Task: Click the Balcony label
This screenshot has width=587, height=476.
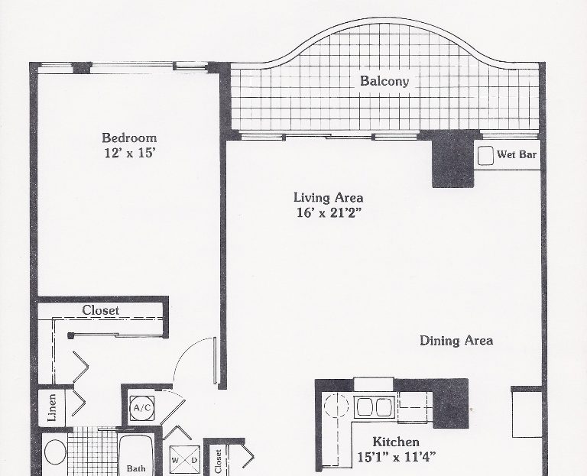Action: [384, 81]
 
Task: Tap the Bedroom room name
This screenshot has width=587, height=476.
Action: [129, 138]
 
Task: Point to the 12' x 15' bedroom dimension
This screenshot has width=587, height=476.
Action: [129, 153]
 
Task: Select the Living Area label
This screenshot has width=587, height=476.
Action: [328, 197]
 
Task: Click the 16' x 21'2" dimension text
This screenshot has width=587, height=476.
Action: [329, 212]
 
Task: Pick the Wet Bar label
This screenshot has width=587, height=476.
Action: [517, 154]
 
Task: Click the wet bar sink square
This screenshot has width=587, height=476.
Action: [485, 155]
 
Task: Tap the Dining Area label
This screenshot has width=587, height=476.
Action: [456, 341]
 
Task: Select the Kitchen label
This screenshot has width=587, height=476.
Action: [396, 442]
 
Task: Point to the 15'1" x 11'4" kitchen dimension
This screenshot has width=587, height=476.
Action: [397, 457]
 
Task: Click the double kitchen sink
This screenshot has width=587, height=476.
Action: [374, 406]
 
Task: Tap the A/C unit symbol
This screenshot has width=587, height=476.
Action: [142, 408]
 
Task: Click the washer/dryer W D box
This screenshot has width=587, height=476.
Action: [184, 460]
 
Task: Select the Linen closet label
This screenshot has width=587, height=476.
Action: [52, 407]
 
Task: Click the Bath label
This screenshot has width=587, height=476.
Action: [136, 468]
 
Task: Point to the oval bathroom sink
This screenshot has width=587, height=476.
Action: [55, 452]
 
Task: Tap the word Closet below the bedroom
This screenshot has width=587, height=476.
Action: [100, 310]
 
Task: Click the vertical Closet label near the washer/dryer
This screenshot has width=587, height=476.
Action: [219, 461]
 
